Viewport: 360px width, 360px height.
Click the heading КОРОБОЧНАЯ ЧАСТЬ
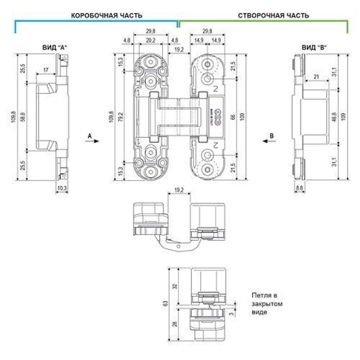[106, 16]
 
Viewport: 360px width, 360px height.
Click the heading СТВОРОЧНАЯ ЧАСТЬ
[274, 16]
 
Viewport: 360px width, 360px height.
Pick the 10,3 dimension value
[63, 188]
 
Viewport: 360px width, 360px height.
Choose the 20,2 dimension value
[150, 41]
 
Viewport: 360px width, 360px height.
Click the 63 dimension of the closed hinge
[165, 303]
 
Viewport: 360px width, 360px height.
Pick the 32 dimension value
[175, 287]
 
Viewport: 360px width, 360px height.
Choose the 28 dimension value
[175, 324]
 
